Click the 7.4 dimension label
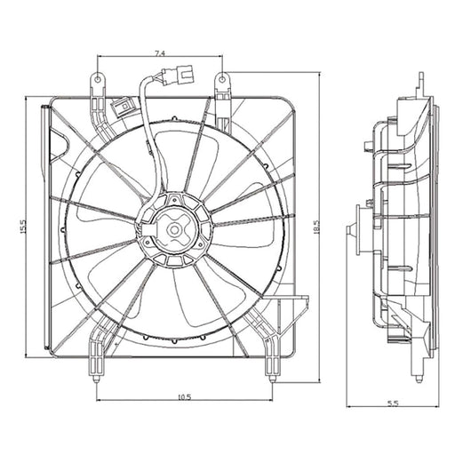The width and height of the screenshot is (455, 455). [160, 53]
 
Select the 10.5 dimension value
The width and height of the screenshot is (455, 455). [185, 397]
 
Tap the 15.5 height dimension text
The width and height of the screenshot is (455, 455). [23, 227]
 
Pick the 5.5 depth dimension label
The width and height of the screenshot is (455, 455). [394, 403]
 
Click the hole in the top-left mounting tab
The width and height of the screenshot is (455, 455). [98, 79]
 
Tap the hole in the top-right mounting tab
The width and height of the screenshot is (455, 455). [222, 79]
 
